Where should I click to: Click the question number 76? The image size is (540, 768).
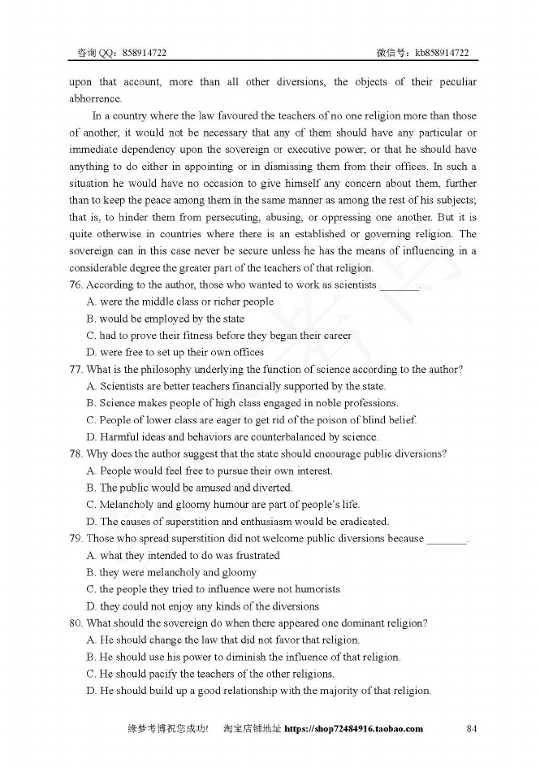[x=76, y=285]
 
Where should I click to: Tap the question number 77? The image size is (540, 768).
[x=76, y=370]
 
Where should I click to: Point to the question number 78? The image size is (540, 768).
[x=76, y=454]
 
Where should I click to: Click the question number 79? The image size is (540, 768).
[x=76, y=539]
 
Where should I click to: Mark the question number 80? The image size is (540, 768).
[x=76, y=623]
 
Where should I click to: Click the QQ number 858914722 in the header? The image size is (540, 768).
[x=145, y=53]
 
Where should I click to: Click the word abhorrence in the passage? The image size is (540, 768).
[x=95, y=99]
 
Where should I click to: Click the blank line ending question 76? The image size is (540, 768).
[x=400, y=286]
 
